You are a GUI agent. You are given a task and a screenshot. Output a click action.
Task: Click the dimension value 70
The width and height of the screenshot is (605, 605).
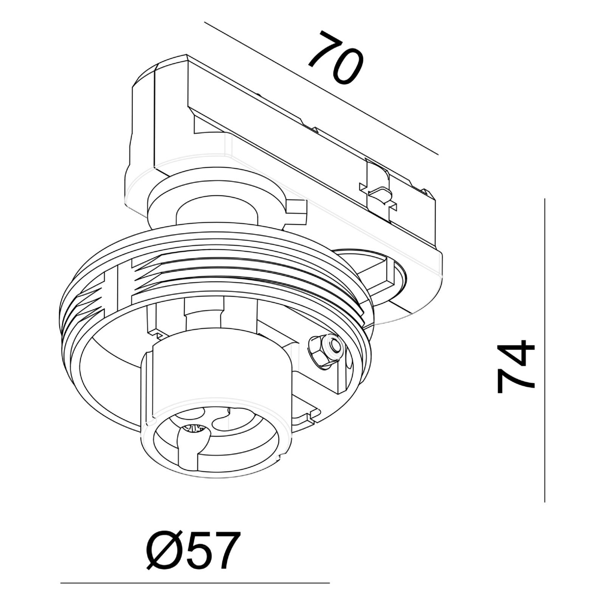point(335,57)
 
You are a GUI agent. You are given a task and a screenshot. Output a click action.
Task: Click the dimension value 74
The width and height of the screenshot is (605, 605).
point(516,366)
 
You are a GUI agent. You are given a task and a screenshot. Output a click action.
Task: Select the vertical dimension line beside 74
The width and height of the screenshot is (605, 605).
point(544,350)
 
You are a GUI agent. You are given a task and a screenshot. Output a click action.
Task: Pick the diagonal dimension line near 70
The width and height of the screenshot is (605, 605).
point(321,88)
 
